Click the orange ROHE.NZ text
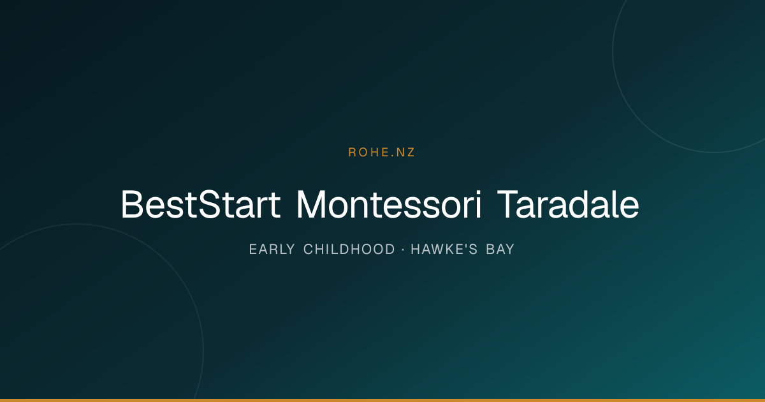tap(381, 152)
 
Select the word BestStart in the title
tap(200, 204)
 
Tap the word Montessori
tap(389, 204)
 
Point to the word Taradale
tap(568, 204)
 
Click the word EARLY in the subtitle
tap(272, 249)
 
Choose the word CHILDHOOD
tap(349, 249)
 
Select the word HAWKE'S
tap(444, 249)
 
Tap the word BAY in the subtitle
tap(500, 249)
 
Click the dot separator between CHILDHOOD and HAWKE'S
tap(403, 250)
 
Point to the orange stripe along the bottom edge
tap(382, 400)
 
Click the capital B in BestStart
tap(132, 204)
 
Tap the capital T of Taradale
tap(508, 204)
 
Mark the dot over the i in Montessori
tap(479, 193)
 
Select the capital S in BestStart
tap(209, 204)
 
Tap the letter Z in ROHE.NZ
tap(411, 152)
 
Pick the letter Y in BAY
tap(509, 249)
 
